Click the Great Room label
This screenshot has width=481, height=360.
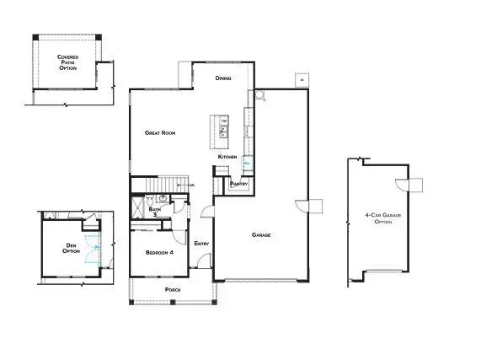159,132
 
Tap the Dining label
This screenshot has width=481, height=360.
223,78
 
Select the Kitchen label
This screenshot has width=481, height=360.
227,157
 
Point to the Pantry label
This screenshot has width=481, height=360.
238,183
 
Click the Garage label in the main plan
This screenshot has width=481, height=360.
261,234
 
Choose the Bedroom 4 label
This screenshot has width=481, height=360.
158,252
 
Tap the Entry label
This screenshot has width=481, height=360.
202,244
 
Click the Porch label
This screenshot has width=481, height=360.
171,289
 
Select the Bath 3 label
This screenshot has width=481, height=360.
155,212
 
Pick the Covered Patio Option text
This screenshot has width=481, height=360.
68,62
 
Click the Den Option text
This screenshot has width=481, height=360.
72,249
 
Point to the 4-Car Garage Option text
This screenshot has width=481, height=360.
378,218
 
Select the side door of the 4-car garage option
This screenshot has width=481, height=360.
414,185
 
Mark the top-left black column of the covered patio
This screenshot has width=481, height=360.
35,37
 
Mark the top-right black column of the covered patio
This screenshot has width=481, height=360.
99,37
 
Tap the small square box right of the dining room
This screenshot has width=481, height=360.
301,80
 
